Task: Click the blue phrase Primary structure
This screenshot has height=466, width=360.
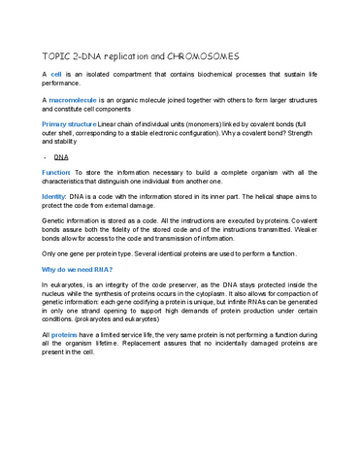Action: point(69,124)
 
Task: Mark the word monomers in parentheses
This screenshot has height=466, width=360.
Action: point(180,124)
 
